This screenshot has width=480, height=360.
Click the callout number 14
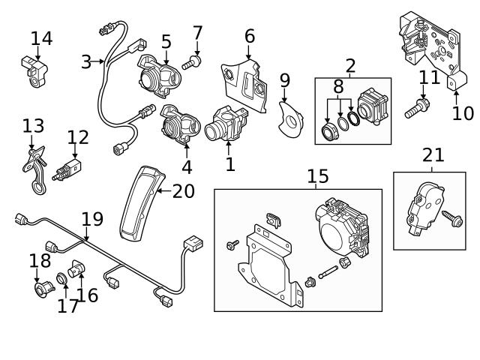41,38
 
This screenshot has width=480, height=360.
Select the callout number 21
433,155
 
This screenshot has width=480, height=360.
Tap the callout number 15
317,176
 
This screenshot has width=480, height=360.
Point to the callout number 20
183,191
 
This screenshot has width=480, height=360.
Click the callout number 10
463,113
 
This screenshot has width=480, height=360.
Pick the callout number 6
249,36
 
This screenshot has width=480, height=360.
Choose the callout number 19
91,219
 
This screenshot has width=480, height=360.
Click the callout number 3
86,61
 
